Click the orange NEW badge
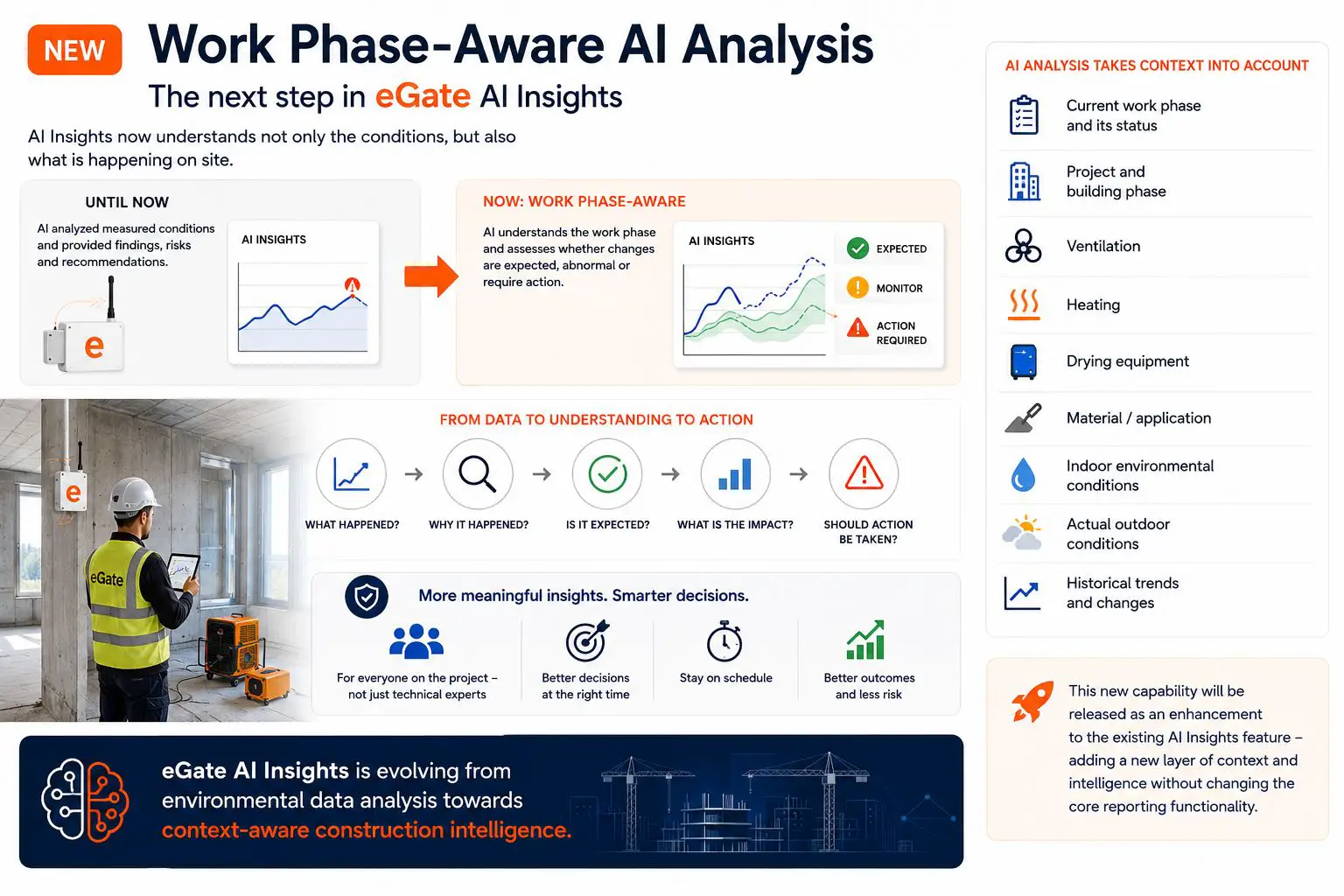(74, 50)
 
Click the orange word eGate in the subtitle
(423, 96)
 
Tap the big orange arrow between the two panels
(431, 276)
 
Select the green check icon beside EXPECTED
(857, 248)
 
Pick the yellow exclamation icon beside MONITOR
(857, 288)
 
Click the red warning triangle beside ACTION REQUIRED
(857, 327)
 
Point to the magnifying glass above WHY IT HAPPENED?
(478, 474)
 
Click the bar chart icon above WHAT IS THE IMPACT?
(735, 474)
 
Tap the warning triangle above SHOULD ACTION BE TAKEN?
(864, 472)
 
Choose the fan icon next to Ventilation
(1023, 246)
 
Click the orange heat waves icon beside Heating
(1024, 304)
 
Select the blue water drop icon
(1023, 475)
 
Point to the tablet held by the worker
(182, 571)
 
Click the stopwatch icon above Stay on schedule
(724, 641)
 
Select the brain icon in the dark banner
(85, 800)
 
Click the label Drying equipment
(1127, 361)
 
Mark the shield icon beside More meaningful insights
(367, 597)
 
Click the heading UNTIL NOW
(127, 202)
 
